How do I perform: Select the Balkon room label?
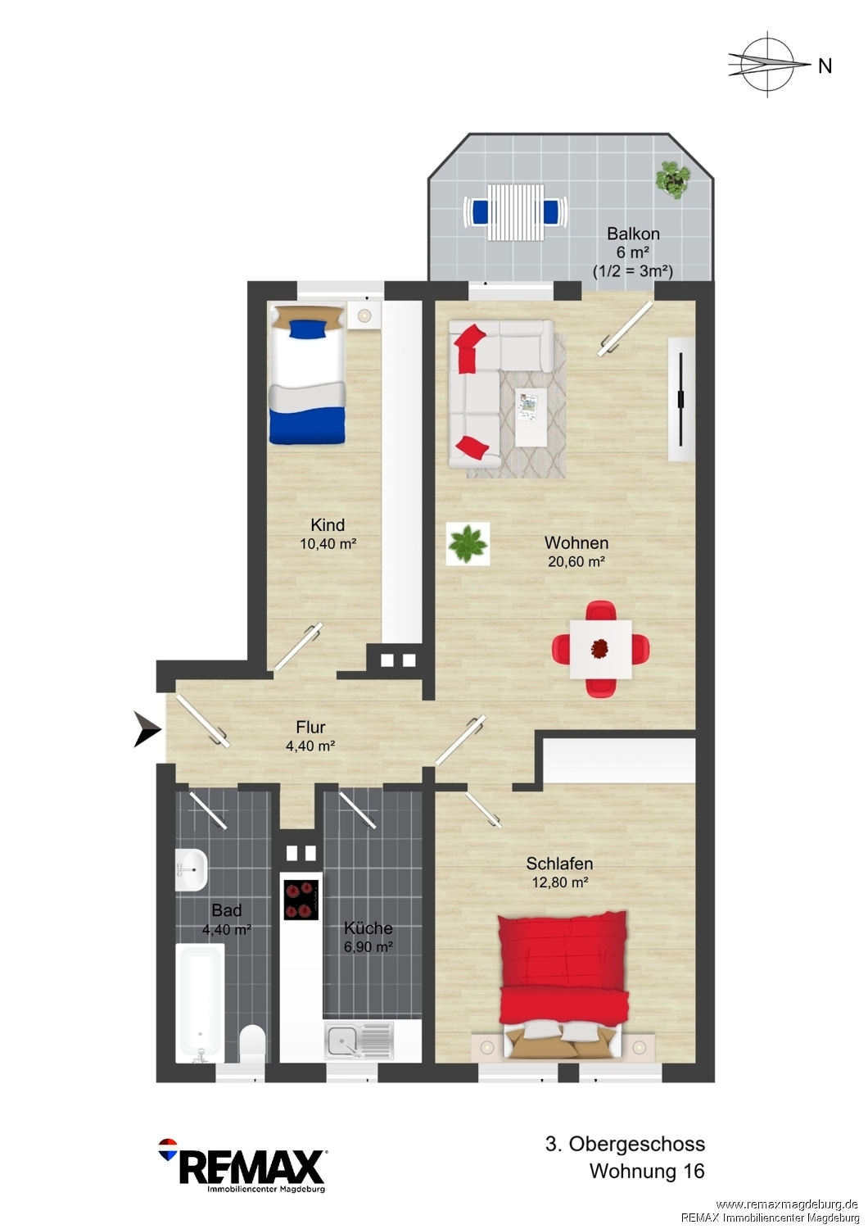[x=633, y=234]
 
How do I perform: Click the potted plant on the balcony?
[x=674, y=177]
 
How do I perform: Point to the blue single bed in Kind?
[x=307, y=374]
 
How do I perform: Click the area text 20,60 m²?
[x=576, y=561]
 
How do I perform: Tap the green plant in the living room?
[x=468, y=543]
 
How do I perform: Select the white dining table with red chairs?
[x=600, y=649]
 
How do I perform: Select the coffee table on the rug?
[x=531, y=411]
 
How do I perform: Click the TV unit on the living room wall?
[x=681, y=400]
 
